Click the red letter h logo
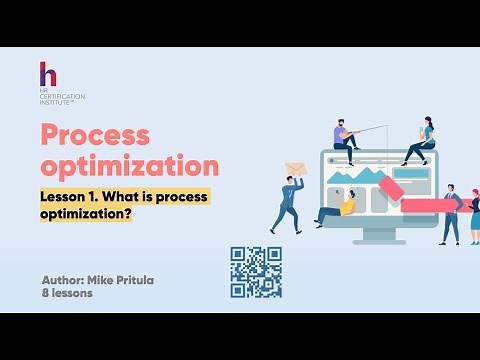(x=47, y=75)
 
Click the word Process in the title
(x=95, y=136)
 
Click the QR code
(x=256, y=272)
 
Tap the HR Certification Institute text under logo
(x=62, y=97)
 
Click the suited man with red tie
(x=452, y=212)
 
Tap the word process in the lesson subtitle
(x=181, y=195)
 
